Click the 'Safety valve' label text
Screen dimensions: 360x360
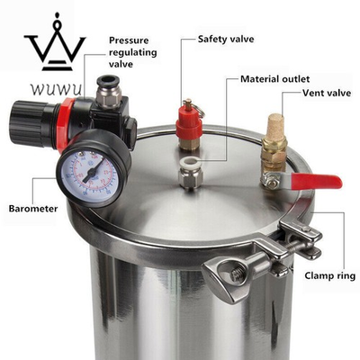point(232,40)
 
